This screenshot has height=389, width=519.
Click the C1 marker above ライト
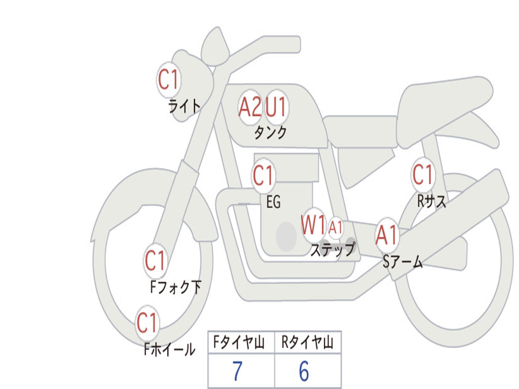169,80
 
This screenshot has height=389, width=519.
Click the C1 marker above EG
263,176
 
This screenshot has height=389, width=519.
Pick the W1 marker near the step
313,225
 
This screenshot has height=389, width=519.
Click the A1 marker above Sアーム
387,236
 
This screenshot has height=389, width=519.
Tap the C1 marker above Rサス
423,175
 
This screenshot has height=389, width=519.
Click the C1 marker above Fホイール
147,323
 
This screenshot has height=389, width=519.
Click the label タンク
270,133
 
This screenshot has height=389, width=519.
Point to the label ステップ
332,250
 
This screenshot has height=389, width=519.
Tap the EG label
273,202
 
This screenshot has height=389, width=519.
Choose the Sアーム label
402,262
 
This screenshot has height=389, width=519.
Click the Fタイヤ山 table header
241,343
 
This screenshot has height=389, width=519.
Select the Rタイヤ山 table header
308,343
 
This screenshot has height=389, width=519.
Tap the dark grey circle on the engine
286,236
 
